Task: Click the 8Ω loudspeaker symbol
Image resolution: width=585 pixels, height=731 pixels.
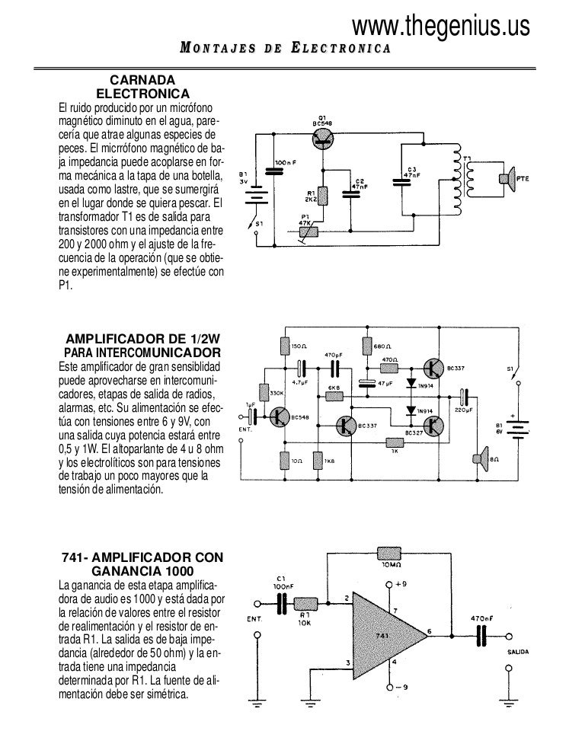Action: pyautogui.click(x=480, y=459)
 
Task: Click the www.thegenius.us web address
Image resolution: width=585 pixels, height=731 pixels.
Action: pyautogui.click(x=440, y=27)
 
